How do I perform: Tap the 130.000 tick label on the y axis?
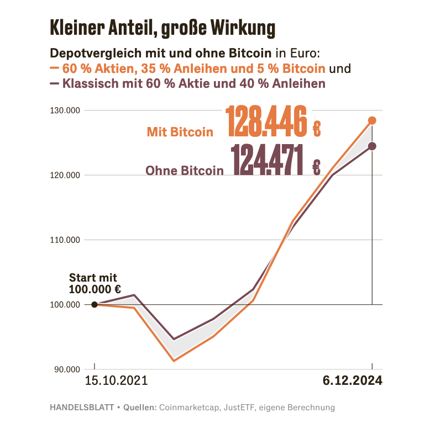[x=65, y=110]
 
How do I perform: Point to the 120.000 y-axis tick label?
[x=65, y=175]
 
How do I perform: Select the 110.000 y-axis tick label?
[x=65, y=240]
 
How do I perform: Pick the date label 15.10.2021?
[x=116, y=381]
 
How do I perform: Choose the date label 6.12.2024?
[x=353, y=381]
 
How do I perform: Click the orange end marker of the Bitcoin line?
[x=372, y=120]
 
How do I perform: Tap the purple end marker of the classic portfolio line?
[x=372, y=146]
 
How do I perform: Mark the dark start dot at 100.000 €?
[x=95, y=304]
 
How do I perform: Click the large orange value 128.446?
[x=266, y=121]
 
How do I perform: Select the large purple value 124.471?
[x=268, y=160]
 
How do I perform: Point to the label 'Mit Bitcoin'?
[x=180, y=132]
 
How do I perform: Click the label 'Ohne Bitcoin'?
[x=185, y=171]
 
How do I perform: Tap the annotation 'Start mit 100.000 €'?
[x=95, y=283]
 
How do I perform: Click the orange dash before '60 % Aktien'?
[x=54, y=69]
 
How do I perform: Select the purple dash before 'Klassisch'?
[x=54, y=84]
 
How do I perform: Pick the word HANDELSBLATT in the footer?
[x=81, y=408]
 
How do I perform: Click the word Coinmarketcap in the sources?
[x=186, y=408]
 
